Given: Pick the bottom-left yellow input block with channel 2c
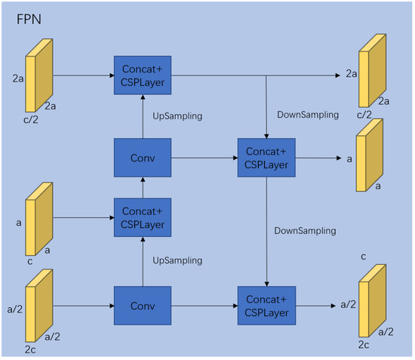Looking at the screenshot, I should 38,309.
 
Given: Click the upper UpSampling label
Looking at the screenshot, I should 177,118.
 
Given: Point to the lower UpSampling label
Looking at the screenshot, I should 177,260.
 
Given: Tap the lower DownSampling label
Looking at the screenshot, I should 305,230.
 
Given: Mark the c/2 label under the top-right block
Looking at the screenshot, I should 364,115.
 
